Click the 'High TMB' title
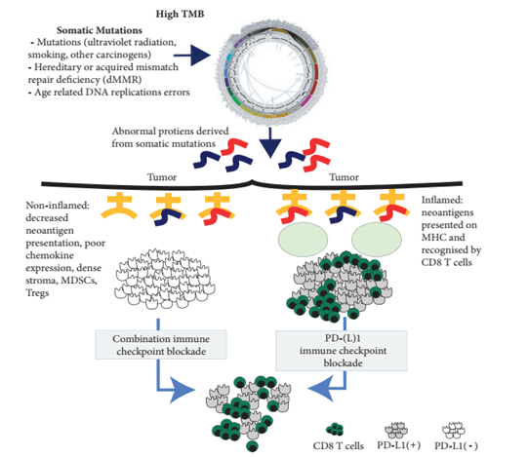[x=180, y=14]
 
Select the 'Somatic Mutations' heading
[x=100, y=30]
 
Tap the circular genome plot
[x=271, y=74]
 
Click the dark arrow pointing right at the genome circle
[x=192, y=55]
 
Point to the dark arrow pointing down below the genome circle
[x=270, y=143]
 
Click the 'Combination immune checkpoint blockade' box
[x=161, y=345]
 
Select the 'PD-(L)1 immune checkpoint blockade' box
[x=342, y=351]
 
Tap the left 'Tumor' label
[x=162, y=177]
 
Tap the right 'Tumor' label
[x=344, y=177]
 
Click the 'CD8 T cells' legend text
[x=339, y=446]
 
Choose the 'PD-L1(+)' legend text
[x=399, y=445]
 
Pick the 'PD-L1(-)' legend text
[x=457, y=446]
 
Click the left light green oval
[x=303, y=239]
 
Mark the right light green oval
[x=377, y=239]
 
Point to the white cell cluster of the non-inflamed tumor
[x=164, y=279]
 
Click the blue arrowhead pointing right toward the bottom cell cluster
[x=182, y=390]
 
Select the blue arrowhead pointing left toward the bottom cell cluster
[x=321, y=389]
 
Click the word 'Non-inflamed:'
[x=58, y=206]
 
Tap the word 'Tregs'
[x=37, y=293]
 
